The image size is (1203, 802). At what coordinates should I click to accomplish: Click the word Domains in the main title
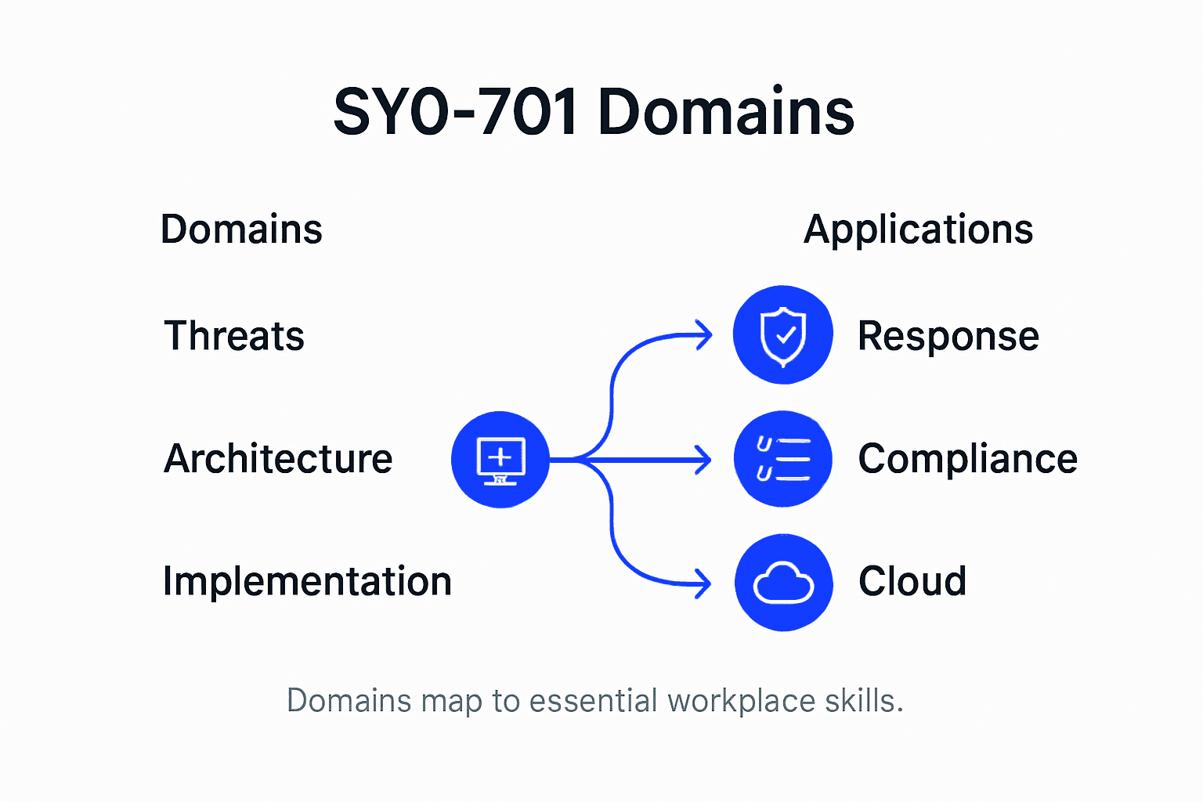click(725, 112)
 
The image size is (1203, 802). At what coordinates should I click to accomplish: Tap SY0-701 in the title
click(457, 112)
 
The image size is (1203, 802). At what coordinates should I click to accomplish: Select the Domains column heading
click(241, 229)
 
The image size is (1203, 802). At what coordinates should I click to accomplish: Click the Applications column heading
click(918, 229)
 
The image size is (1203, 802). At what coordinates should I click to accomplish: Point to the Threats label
click(234, 336)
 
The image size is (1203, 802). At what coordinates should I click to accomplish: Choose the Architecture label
click(278, 459)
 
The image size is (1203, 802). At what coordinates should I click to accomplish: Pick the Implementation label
click(307, 581)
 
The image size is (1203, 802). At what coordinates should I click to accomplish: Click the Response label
click(948, 337)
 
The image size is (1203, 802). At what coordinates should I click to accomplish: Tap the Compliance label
click(967, 459)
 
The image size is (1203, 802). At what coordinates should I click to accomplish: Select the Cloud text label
click(912, 581)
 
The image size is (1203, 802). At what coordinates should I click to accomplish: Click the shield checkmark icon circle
click(782, 335)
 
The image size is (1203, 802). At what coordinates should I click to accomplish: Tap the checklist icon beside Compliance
click(782, 459)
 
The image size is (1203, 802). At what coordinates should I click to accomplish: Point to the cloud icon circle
click(783, 583)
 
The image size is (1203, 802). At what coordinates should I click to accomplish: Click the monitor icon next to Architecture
click(500, 460)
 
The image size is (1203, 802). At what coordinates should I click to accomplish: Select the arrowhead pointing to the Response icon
click(705, 334)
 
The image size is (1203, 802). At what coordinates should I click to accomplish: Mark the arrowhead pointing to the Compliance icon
click(704, 460)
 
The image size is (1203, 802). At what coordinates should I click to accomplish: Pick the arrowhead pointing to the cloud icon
click(703, 583)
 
